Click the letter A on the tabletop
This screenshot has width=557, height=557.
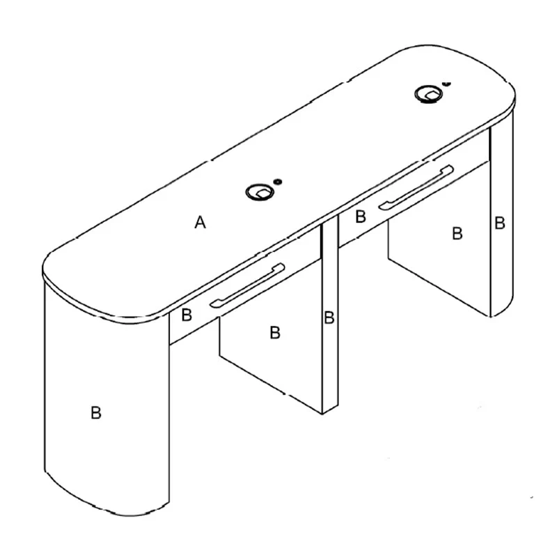click(201, 222)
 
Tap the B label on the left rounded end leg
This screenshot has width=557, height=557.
click(96, 413)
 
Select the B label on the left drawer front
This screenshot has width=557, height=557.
click(187, 315)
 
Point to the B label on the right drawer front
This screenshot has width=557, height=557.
click(361, 217)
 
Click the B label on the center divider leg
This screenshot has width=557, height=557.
click(329, 317)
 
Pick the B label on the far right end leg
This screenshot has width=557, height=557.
click(500, 223)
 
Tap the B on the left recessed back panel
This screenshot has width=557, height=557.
click(275, 333)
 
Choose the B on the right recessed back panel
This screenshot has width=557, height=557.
click(457, 233)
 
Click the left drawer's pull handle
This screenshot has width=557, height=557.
click(247, 285)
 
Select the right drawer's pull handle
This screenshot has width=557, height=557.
click(416, 187)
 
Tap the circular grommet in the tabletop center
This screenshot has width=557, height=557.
click(260, 193)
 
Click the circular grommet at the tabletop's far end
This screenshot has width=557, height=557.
click(429, 94)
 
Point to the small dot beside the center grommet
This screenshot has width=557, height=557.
click(277, 182)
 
